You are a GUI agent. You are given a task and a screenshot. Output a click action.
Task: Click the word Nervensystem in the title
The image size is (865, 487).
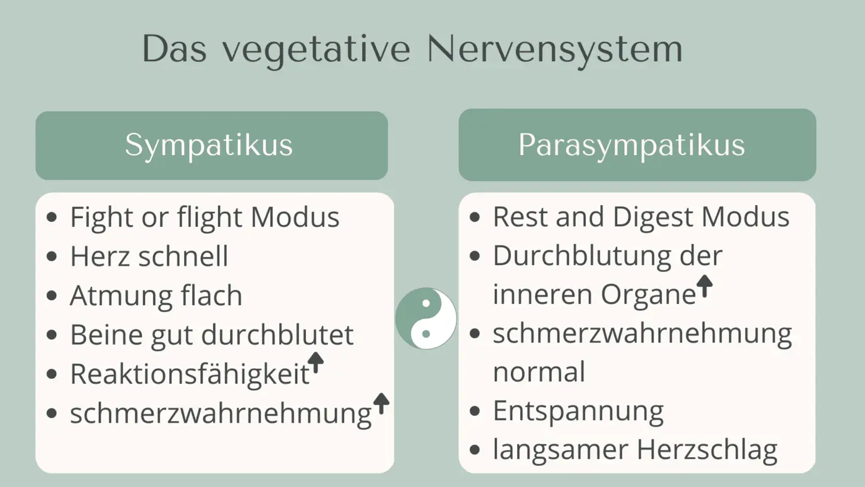click(x=554, y=49)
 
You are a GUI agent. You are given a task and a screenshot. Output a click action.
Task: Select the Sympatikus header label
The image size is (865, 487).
click(x=209, y=145)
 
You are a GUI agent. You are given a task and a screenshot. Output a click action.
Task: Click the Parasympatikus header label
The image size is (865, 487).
click(x=631, y=145)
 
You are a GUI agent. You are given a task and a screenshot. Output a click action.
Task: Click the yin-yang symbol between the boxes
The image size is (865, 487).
click(x=426, y=319)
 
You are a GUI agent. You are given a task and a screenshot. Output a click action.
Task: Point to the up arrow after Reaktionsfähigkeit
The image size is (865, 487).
click(x=316, y=363)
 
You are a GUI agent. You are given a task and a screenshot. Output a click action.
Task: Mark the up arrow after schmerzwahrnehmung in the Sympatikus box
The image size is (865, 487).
click(x=381, y=403)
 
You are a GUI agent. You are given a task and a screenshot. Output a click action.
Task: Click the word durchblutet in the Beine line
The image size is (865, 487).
click(x=277, y=335)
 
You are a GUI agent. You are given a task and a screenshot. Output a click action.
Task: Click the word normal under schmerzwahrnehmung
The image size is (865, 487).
click(x=539, y=372)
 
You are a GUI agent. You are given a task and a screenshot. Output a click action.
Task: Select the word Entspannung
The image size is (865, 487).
click(x=578, y=411)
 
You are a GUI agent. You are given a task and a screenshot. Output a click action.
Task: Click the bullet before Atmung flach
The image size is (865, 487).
click(x=53, y=296)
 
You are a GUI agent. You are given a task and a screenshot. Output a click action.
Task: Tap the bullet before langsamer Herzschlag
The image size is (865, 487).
click(x=475, y=450)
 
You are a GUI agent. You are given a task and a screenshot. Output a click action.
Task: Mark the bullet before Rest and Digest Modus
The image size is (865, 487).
click(x=475, y=218)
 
